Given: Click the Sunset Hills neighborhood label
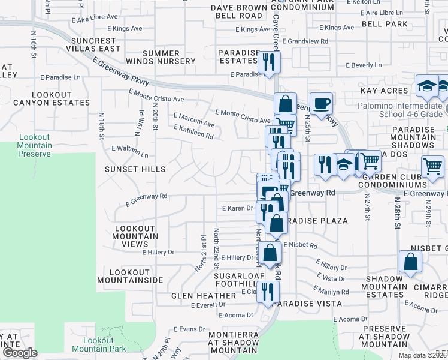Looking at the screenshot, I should click(x=135, y=169).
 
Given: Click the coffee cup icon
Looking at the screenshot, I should click(x=321, y=103).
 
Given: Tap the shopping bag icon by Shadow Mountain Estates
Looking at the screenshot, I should click(x=410, y=262).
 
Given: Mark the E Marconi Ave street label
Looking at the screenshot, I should click(x=194, y=119).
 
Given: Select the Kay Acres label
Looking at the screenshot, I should click(x=385, y=90).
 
